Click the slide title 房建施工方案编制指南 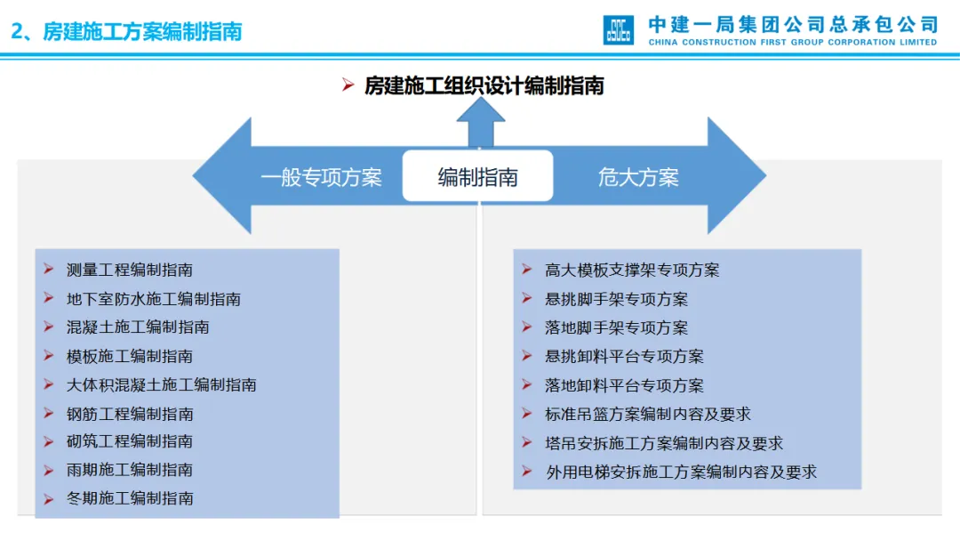[x=126, y=31]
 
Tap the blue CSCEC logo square [x=619, y=29]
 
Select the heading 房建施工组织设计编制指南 [x=484, y=85]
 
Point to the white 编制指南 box [x=477, y=176]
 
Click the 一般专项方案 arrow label [x=321, y=177]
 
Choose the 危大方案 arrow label [x=638, y=177]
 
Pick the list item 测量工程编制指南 [x=130, y=270]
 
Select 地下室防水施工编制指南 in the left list [x=154, y=299]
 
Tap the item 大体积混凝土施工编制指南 [x=162, y=384]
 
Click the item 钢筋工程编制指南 [x=130, y=414]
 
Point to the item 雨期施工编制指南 [x=130, y=469]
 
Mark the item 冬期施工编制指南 [x=130, y=498]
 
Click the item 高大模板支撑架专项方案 [x=632, y=270]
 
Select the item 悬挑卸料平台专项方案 [x=624, y=356]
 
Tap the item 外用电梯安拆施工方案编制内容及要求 [x=681, y=472]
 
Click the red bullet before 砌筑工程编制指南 [x=49, y=440]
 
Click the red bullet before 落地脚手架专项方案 [x=527, y=327]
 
